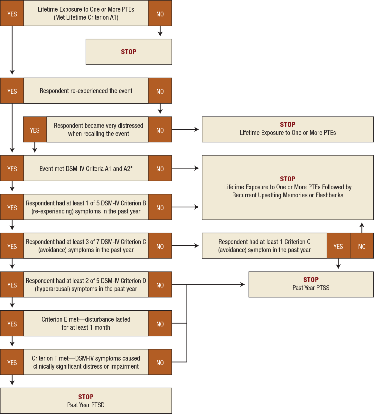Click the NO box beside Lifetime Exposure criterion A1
point(160,14)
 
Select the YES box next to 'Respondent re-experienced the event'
point(12,91)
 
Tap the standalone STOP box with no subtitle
point(129,52)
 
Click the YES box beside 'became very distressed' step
point(35,130)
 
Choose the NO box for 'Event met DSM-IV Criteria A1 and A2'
point(160,169)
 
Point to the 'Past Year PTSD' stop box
point(86,401)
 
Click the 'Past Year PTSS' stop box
point(311,284)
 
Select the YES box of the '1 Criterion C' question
point(338,246)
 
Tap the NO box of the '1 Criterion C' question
point(362,246)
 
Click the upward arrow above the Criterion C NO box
point(362,227)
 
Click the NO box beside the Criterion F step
point(160,362)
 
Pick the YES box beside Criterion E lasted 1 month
point(12,324)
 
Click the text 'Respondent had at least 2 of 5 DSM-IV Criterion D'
point(86,281)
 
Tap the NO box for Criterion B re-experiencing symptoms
point(160,207)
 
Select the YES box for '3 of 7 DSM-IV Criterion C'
point(12,246)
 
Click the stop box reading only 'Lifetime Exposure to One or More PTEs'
point(287,129)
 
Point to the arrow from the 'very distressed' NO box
point(186,129)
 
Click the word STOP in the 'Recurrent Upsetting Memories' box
point(287,179)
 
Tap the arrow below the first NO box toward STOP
point(160,32)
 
